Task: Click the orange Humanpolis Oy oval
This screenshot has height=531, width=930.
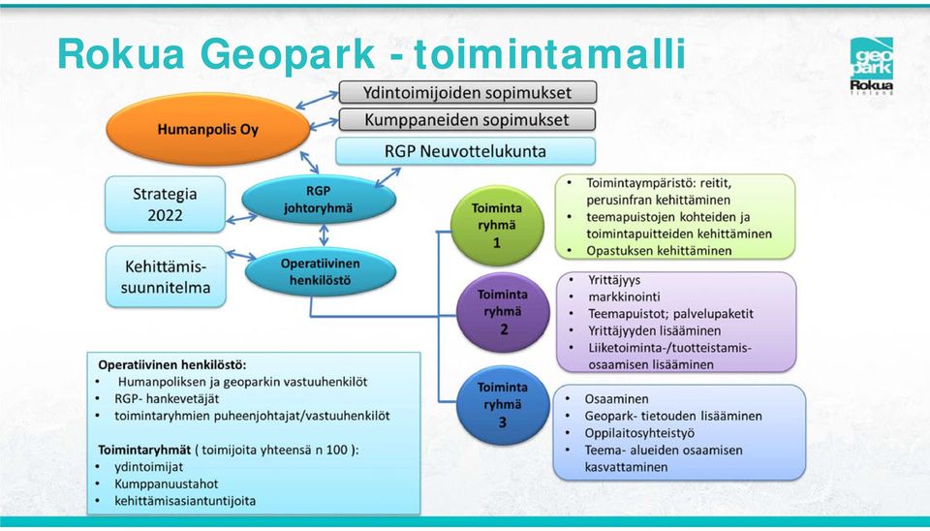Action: pos(207,129)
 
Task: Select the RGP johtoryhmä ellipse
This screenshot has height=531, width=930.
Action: pos(319,200)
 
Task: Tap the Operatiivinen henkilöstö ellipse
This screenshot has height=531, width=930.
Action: pos(321,271)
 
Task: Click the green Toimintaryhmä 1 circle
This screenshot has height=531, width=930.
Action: pos(497,226)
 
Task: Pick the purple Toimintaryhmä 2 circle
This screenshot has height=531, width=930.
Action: pos(503,312)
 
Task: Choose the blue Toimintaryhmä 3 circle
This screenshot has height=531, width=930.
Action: pos(503,405)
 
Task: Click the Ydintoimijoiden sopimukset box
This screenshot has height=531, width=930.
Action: pos(467,93)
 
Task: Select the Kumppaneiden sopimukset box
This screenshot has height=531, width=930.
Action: pos(467,119)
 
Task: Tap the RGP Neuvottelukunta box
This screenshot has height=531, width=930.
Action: pos(466,151)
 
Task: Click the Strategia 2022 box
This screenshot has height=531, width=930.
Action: pos(165,204)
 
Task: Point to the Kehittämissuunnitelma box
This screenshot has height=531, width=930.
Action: pos(166,277)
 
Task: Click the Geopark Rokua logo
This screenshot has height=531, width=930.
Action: pos(871,66)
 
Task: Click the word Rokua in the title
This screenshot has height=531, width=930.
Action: pos(122,53)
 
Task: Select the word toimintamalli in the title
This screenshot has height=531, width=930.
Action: pos(550,53)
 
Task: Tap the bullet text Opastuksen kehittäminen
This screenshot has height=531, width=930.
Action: pos(659,250)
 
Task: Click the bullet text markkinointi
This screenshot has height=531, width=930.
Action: pos(624,297)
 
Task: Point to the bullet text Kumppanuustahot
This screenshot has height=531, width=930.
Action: pos(166,484)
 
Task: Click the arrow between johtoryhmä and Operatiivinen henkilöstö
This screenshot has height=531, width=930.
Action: pos(324,234)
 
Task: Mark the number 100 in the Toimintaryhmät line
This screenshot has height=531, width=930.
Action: pos(337,450)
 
